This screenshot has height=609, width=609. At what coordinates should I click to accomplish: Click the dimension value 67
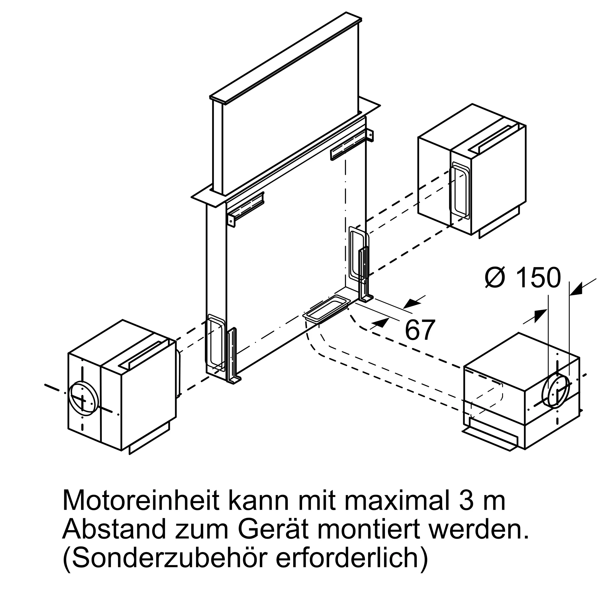click(x=420, y=330)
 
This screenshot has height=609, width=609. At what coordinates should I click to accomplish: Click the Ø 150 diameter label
click(x=523, y=278)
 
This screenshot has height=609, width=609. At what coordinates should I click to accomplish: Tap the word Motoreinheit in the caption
click(x=141, y=501)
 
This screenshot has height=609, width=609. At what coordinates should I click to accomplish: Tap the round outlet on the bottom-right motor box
click(x=555, y=391)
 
